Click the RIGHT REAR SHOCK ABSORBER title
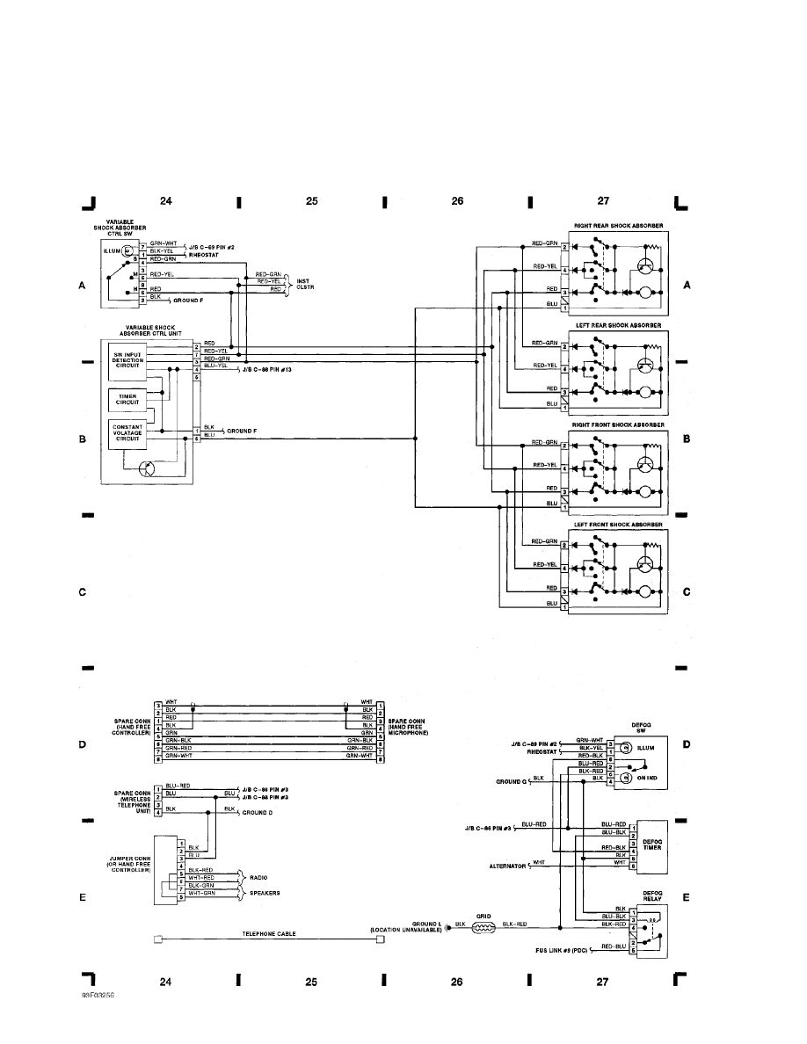[618, 226]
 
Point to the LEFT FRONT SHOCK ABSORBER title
[618, 525]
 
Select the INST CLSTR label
[305, 283]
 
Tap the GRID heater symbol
[483, 925]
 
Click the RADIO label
[258, 877]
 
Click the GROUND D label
[258, 813]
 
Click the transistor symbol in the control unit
[151, 469]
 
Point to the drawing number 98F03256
[99, 997]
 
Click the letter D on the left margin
[83, 744]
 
